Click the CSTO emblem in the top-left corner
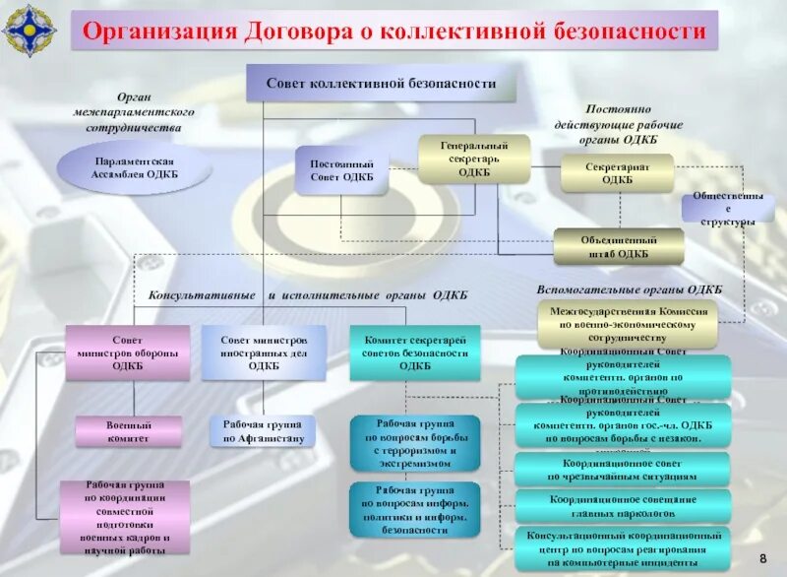(29, 31)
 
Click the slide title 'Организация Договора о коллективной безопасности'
(394, 32)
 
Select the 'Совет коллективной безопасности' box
(381, 84)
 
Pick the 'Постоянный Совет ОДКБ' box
(341, 170)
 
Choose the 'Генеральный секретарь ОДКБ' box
(474, 160)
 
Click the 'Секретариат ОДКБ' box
(617, 173)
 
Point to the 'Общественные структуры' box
(727, 208)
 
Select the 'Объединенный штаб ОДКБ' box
(618, 246)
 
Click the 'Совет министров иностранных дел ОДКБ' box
(263, 352)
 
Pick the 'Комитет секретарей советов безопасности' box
(414, 352)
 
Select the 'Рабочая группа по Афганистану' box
(263, 430)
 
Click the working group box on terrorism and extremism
(414, 442)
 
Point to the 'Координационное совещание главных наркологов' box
(624, 505)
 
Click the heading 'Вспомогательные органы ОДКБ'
(630, 289)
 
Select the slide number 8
(762, 560)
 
